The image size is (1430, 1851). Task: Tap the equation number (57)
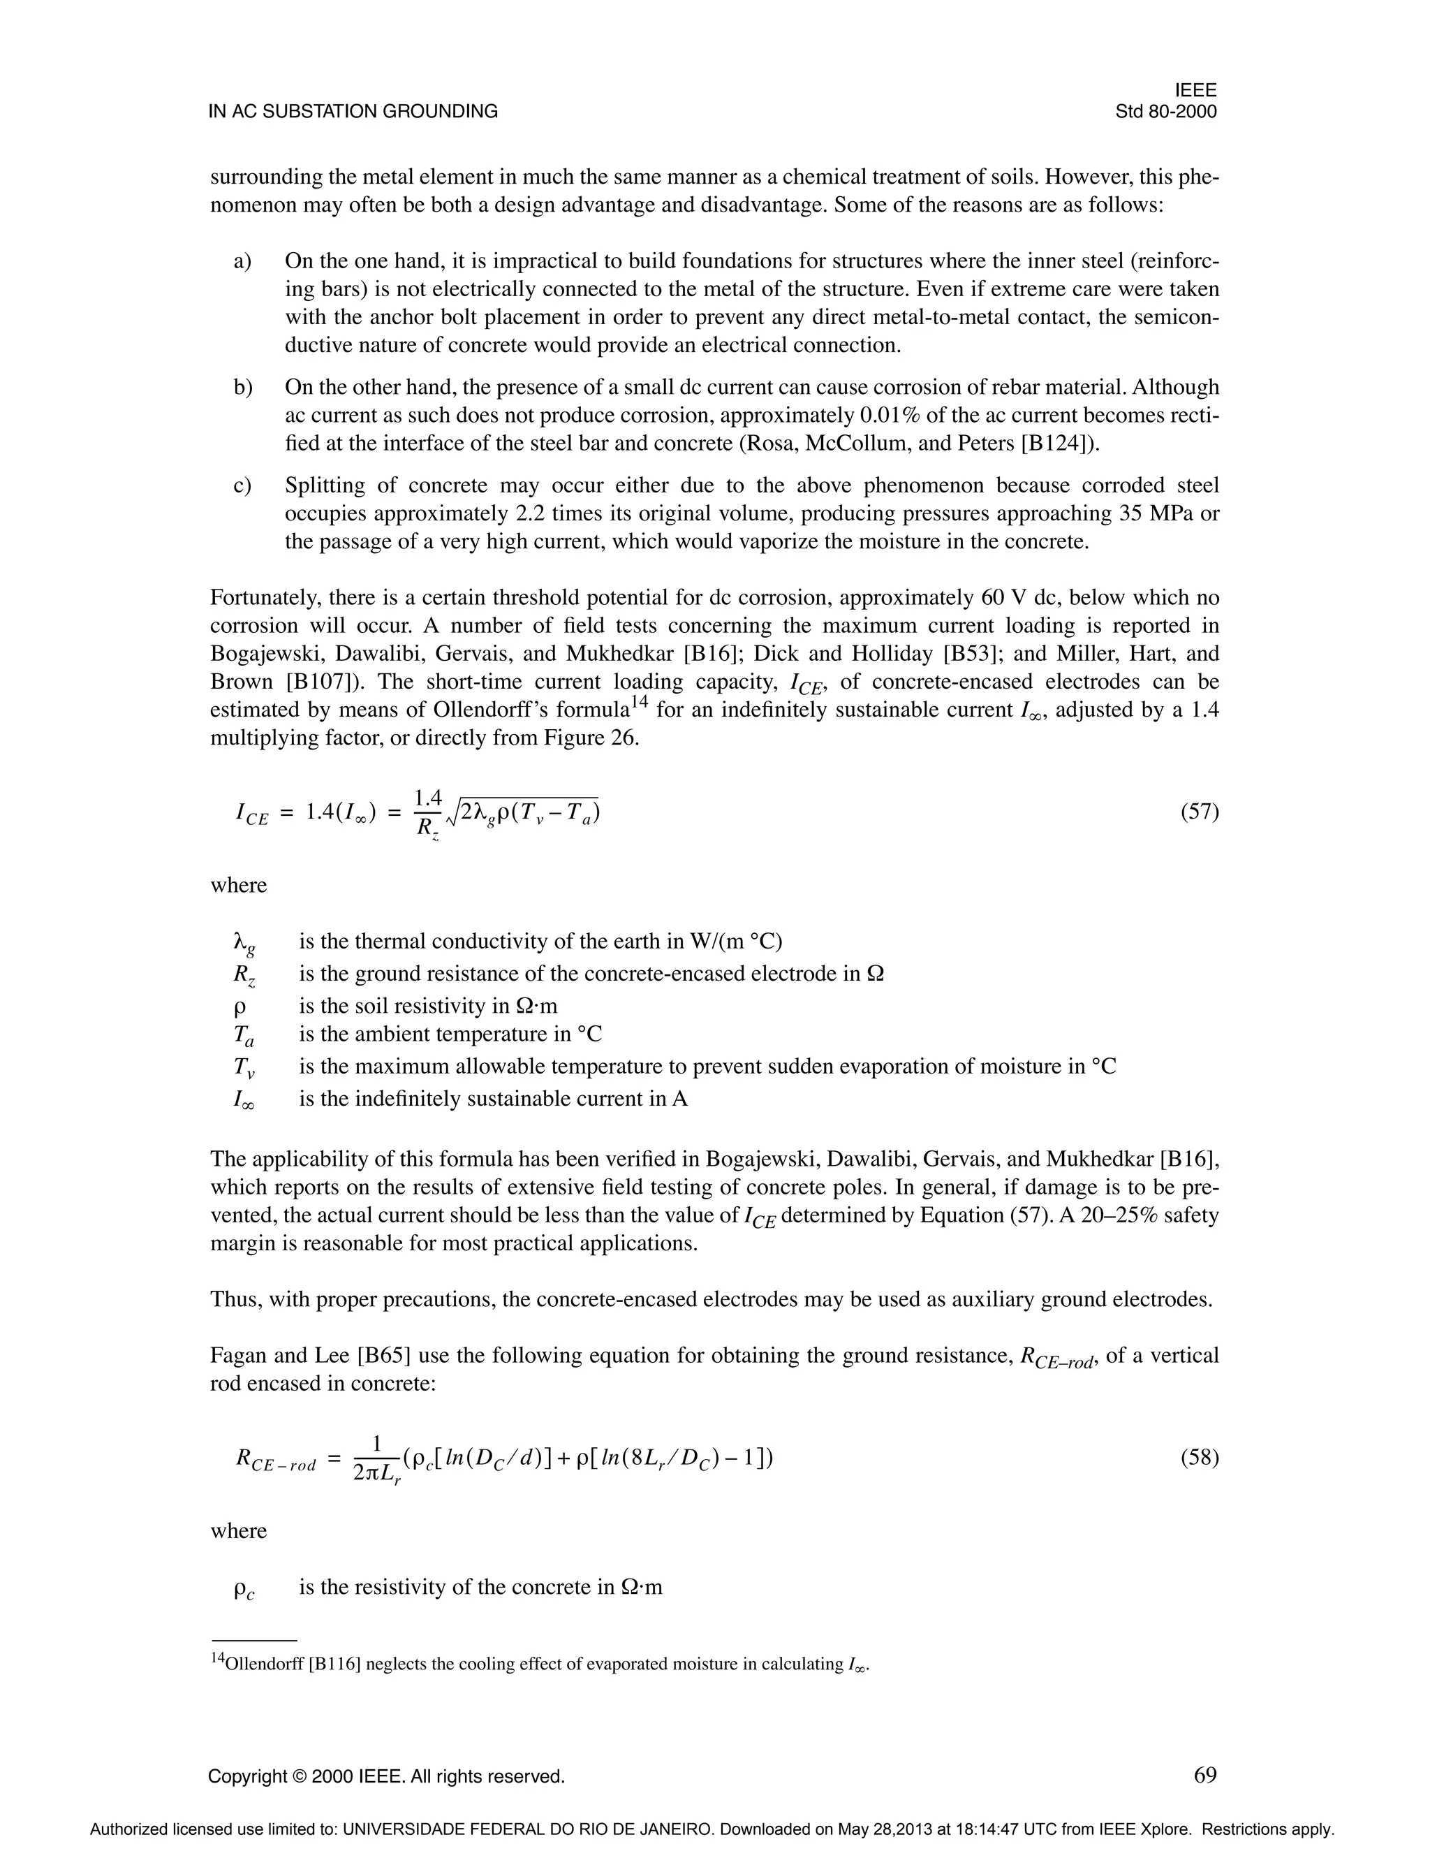pyautogui.click(x=1200, y=812)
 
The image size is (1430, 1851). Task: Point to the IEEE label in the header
pyautogui.click(x=1195, y=91)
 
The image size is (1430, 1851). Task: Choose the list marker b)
pyautogui.click(x=243, y=388)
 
